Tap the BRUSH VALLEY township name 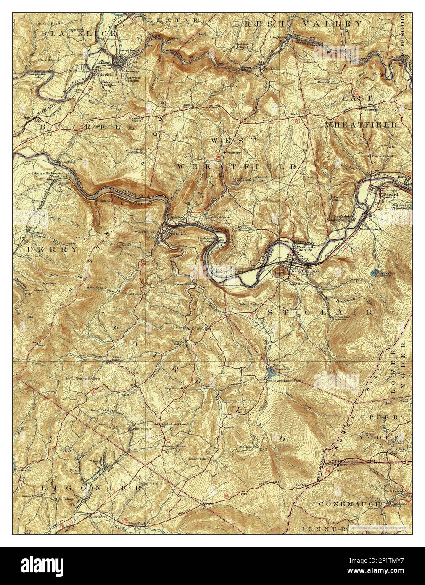click(x=297, y=24)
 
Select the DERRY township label click(x=52, y=249)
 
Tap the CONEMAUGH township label click(x=350, y=503)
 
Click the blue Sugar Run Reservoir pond click(x=373, y=273)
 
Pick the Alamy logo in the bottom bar click(x=42, y=564)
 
